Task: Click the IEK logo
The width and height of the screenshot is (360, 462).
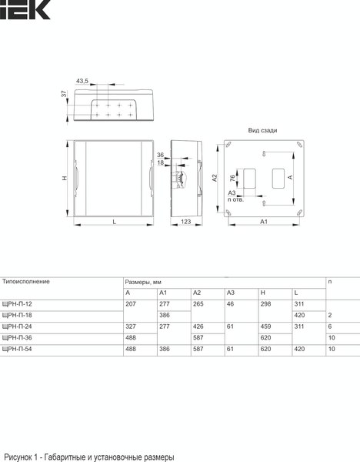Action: [x=25, y=9]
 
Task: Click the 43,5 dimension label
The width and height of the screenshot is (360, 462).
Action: [x=82, y=81]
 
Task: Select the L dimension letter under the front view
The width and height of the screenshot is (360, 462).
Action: [x=114, y=222]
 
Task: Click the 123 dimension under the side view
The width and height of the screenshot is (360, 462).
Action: [x=185, y=222]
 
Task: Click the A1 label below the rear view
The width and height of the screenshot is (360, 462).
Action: [x=262, y=222]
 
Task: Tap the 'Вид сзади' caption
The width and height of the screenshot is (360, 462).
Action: [x=262, y=131]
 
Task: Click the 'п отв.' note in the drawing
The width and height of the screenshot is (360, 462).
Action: [x=235, y=199]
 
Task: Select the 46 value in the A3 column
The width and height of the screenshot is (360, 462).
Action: [x=230, y=304]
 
